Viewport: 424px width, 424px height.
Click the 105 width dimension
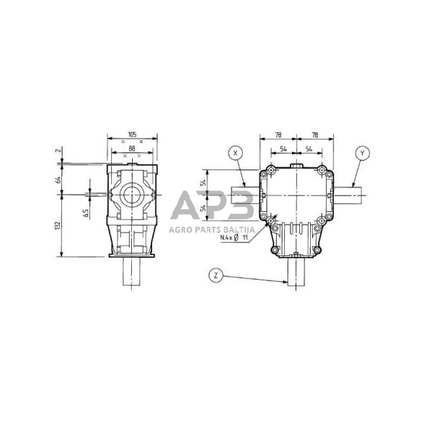(132, 135)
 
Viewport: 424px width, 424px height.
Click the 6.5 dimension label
(87, 214)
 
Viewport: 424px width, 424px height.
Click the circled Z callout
(214, 275)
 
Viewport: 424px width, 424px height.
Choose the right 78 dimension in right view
(315, 135)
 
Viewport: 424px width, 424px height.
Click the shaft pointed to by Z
(296, 273)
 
